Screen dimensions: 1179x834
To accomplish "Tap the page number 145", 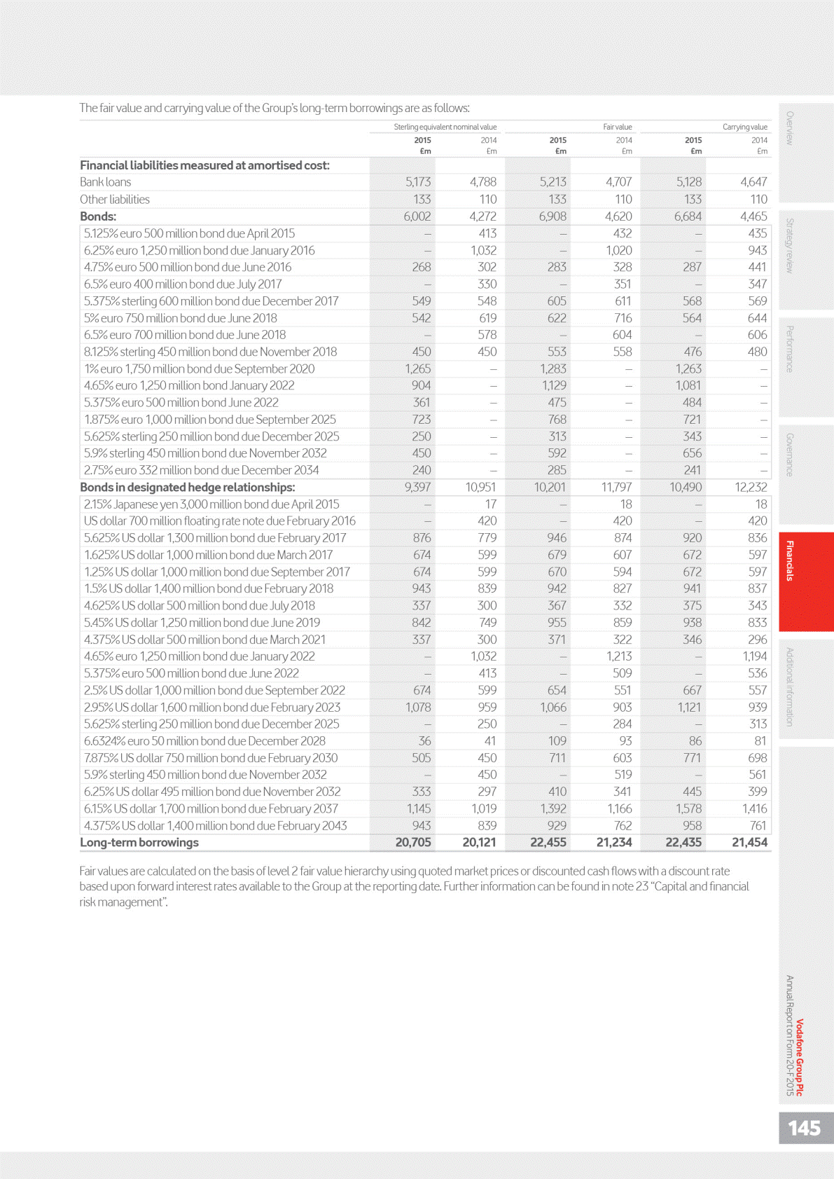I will (x=804, y=1128).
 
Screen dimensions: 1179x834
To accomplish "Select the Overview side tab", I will (x=790, y=128).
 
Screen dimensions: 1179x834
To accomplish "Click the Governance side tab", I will (x=790, y=455).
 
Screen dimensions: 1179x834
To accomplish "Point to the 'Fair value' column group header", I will (x=617, y=127).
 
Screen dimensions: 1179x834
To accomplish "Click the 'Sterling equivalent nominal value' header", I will (x=445, y=127).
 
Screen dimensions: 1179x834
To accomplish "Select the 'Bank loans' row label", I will (x=105, y=182).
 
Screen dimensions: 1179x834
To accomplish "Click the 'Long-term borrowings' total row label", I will (x=139, y=842).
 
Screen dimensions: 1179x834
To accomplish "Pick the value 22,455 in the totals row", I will (x=548, y=842).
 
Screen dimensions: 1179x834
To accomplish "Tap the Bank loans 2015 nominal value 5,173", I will (x=418, y=182).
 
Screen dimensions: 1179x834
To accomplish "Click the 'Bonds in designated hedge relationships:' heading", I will (x=187, y=487).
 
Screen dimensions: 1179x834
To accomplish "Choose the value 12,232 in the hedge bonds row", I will (x=751, y=487).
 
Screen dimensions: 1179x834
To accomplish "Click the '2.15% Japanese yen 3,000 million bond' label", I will (x=211, y=504).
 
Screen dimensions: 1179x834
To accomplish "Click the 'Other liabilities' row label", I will (x=114, y=199).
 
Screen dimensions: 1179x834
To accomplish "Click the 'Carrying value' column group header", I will (x=744, y=127).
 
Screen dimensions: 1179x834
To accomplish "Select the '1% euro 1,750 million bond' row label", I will (x=199, y=368).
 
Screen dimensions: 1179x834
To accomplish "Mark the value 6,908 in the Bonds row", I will (x=552, y=216).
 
